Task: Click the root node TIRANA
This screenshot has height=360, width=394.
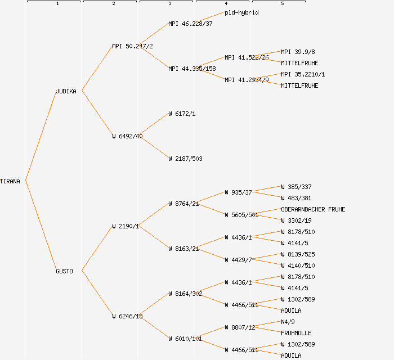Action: pyautogui.click(x=10, y=181)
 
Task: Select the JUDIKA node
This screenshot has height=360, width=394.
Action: pyautogui.click(x=66, y=91)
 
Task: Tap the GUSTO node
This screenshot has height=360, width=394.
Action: pyautogui.click(x=64, y=271)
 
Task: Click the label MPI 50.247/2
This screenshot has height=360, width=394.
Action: pyautogui.click(x=132, y=46)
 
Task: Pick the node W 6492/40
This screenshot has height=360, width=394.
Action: pyautogui.click(x=127, y=136)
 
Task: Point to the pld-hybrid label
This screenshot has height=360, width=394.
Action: pyautogui.click(x=242, y=12)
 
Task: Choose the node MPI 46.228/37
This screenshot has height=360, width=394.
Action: pyautogui.click(x=190, y=24)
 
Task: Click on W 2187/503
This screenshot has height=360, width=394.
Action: pyautogui.click(x=185, y=159)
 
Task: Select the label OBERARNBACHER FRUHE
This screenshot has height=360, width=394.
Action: pyautogui.click(x=313, y=209)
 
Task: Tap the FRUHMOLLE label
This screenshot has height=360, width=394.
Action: pyautogui.click(x=296, y=333)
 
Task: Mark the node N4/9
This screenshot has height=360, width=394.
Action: pyautogui.click(x=288, y=322)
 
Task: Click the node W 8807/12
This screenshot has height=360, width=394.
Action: pyautogui.click(x=240, y=327)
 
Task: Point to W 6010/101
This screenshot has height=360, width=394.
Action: pyautogui.click(x=185, y=339)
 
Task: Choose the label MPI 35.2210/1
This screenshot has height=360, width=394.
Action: pyautogui.click(x=303, y=74)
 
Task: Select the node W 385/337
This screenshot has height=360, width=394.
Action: pyautogui.click(x=296, y=187)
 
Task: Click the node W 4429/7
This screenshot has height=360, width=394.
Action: pyautogui.click(x=238, y=260)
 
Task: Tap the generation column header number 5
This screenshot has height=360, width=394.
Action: pyautogui.click(x=283, y=4)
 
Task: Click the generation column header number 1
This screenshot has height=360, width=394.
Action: pyautogui.click(x=57, y=4)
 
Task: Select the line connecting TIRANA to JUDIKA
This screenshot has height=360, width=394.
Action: pyautogui.click(x=41, y=136)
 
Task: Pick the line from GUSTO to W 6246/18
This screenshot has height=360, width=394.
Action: pyautogui.click(x=97, y=294)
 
